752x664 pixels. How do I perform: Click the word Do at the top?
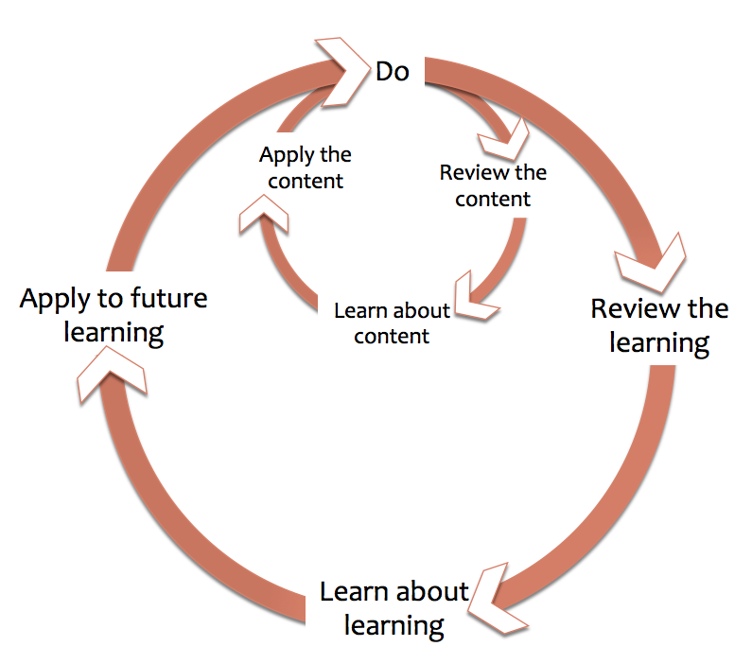[393, 72]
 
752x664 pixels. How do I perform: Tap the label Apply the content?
[306, 167]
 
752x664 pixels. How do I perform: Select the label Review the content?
[493, 186]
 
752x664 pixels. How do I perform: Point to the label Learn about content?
[392, 323]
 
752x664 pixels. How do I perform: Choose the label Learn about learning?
[393, 609]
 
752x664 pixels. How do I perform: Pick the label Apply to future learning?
[114, 316]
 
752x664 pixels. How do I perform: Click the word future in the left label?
[168, 298]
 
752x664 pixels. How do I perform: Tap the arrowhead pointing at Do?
[343, 72]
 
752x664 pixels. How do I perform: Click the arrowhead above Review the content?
[504, 140]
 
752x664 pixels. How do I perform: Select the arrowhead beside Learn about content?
[474, 296]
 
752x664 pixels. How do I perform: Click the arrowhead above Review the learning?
[653, 265]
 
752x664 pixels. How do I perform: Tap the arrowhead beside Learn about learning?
[497, 600]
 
